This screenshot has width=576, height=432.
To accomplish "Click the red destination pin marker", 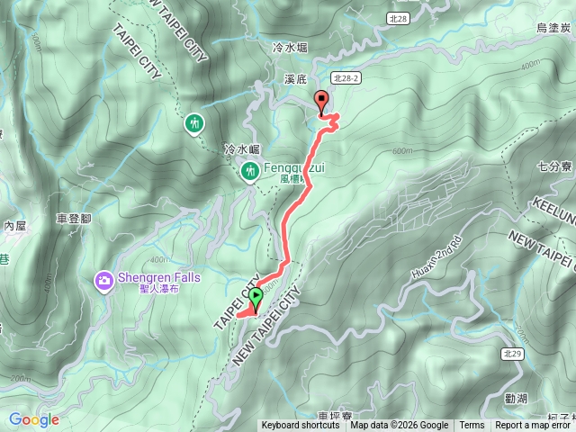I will [320, 102].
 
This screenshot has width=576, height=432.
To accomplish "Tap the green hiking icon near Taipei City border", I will [194, 122].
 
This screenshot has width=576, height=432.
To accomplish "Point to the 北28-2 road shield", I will [345, 78].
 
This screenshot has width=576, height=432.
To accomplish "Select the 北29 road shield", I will [512, 355].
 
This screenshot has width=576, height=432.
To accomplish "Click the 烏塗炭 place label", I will [553, 28].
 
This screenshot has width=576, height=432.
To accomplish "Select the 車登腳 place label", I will [74, 219].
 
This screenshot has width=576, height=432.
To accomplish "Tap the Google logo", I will [33, 419].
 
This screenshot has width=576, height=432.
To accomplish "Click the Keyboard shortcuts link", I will [301, 426].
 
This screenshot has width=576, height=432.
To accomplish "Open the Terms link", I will [472, 426].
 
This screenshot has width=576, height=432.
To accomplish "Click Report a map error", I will [535, 426].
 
